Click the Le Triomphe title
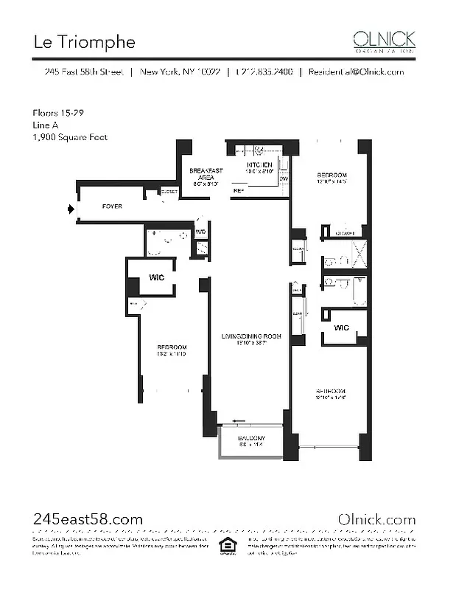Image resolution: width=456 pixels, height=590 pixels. click(x=84, y=42)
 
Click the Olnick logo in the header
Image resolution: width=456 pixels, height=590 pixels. click(x=384, y=41)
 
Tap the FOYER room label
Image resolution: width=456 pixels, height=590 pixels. click(x=112, y=206)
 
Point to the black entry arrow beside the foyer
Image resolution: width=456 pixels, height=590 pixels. click(x=71, y=209)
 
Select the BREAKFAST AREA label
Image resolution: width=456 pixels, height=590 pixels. click(x=206, y=176)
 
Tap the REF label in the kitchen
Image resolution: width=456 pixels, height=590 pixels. click(x=238, y=191)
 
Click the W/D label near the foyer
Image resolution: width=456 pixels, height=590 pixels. click(x=201, y=232)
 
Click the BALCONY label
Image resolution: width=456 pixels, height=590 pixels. click(x=251, y=441)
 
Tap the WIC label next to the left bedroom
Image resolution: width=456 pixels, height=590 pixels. click(x=156, y=278)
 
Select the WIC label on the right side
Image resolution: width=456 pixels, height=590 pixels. click(x=341, y=327)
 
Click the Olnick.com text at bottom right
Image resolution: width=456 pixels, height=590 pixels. click(x=376, y=519)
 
